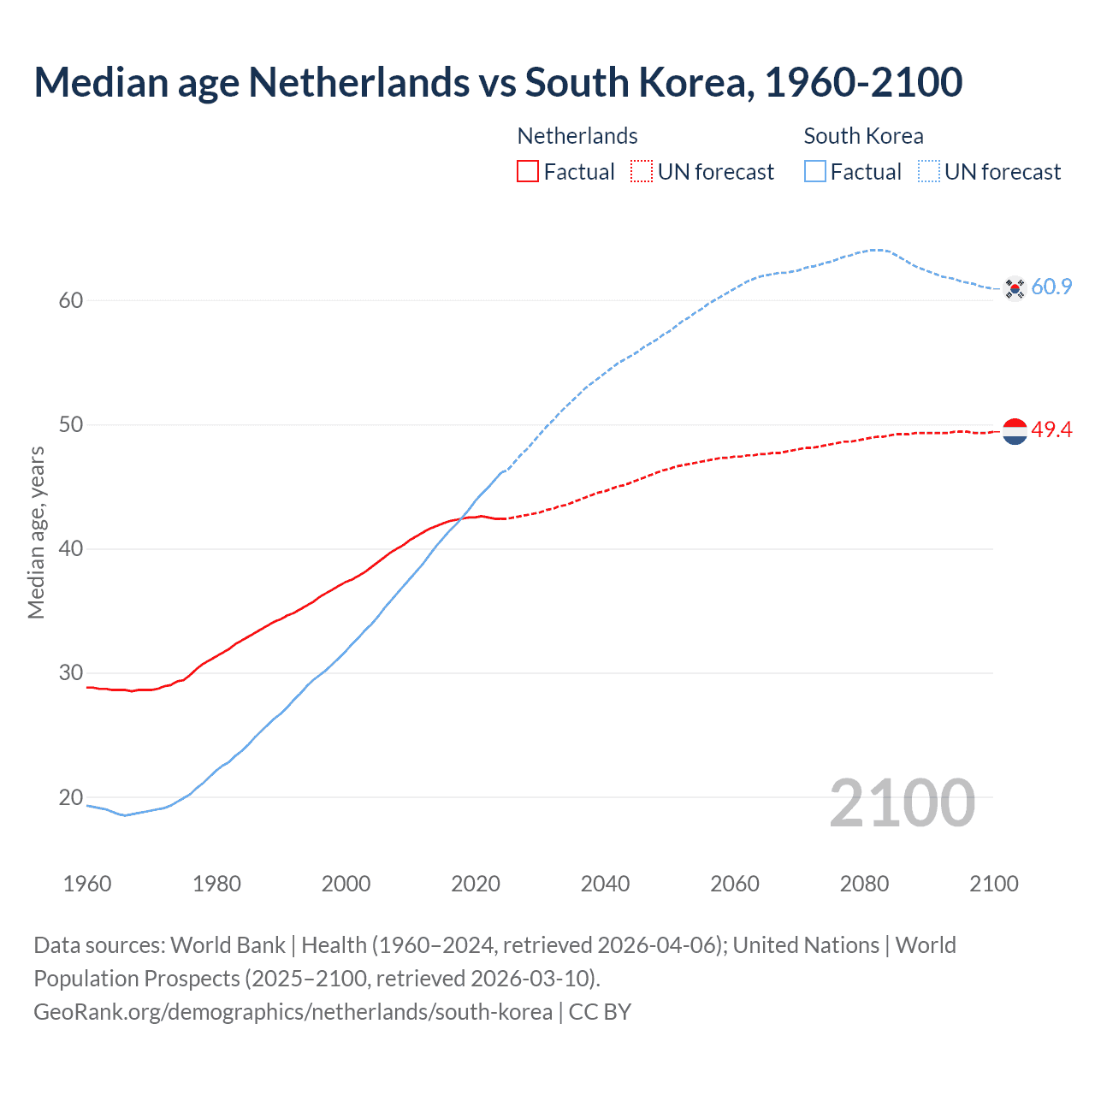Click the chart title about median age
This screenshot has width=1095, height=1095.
tap(498, 82)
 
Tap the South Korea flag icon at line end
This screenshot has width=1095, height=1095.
tap(1015, 288)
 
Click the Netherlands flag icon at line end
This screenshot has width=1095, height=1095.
tap(1015, 431)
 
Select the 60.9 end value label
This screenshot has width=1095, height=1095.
tap(1051, 287)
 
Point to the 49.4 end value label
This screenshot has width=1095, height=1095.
tap(1051, 429)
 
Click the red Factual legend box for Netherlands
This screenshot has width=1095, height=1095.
tap(528, 172)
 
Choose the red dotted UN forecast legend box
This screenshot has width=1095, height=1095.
tap(642, 172)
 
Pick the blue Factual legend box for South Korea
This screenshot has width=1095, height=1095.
tap(815, 172)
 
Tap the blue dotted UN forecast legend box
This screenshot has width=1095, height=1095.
tap(929, 172)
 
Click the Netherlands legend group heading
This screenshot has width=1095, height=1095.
tap(577, 136)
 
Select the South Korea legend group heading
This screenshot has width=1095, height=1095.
tap(863, 136)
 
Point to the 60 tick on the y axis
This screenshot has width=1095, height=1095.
tap(71, 300)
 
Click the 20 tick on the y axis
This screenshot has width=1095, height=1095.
tap(71, 797)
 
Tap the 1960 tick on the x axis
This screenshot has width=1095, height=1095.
tap(87, 884)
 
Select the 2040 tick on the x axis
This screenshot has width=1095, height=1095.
tap(605, 884)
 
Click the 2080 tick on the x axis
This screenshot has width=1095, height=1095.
tap(864, 884)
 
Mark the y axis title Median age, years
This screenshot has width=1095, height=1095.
tap(36, 532)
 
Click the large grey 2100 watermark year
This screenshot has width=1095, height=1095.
tap(902, 803)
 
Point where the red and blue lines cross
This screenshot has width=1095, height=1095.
tap(463, 518)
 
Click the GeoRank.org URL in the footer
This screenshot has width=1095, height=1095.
tap(293, 1012)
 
